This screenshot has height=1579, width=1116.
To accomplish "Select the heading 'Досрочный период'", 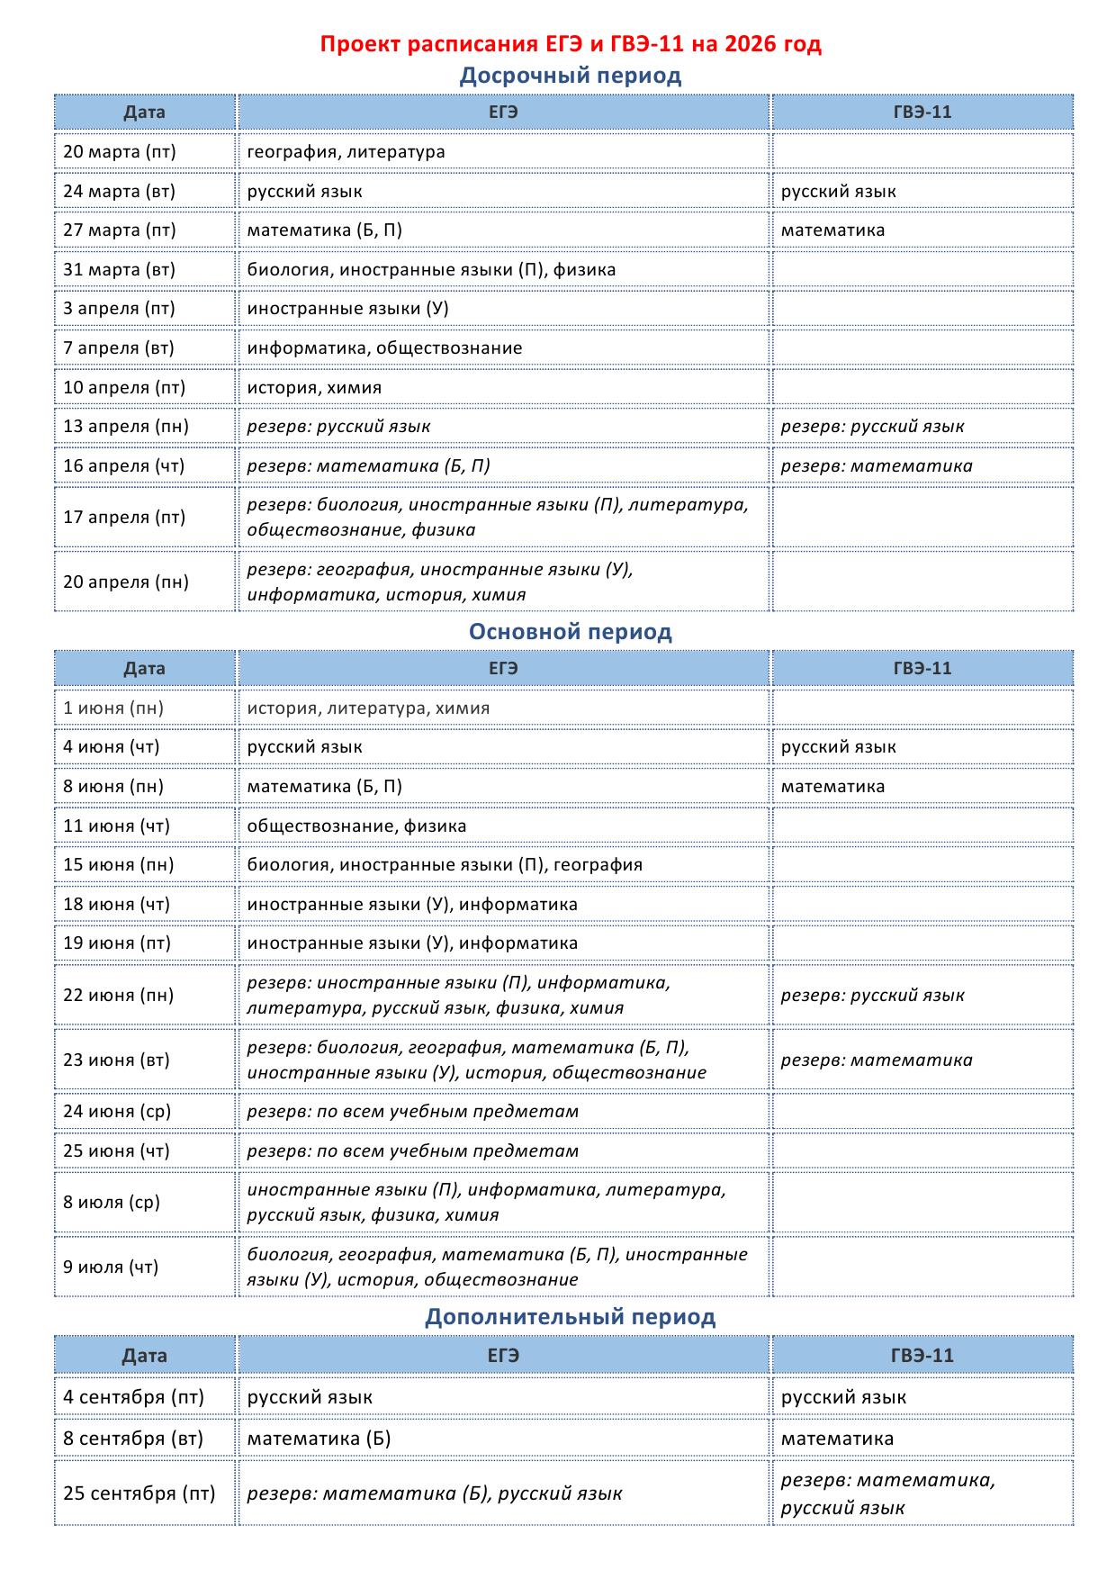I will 571,76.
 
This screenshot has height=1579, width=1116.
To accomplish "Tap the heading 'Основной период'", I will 571,632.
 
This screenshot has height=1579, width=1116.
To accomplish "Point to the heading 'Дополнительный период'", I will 571,1317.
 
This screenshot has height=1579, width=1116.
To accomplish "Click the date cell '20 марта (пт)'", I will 120,151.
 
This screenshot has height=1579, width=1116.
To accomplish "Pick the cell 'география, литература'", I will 346,151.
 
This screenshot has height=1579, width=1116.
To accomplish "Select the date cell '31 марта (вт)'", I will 120,269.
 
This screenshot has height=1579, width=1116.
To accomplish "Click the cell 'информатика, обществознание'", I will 384,347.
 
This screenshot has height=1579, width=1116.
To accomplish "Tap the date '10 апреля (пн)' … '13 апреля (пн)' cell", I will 126,426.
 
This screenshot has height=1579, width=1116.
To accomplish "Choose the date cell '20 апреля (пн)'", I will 126,582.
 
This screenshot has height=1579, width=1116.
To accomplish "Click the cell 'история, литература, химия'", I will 369,708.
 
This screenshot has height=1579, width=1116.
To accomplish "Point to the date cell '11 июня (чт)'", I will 116,826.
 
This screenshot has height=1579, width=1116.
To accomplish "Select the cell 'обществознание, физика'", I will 357,826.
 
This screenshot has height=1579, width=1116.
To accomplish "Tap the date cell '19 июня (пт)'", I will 116,943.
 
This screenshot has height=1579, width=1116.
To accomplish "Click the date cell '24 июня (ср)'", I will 117,1111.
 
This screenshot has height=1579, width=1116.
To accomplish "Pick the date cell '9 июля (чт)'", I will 111,1267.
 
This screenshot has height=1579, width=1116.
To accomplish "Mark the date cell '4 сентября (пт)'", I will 134,1397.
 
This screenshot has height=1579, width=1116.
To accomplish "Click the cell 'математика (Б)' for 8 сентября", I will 319,1439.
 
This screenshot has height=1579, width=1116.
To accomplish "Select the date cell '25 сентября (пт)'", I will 139,1493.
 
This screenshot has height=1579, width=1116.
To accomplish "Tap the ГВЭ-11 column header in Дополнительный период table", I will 922,1356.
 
